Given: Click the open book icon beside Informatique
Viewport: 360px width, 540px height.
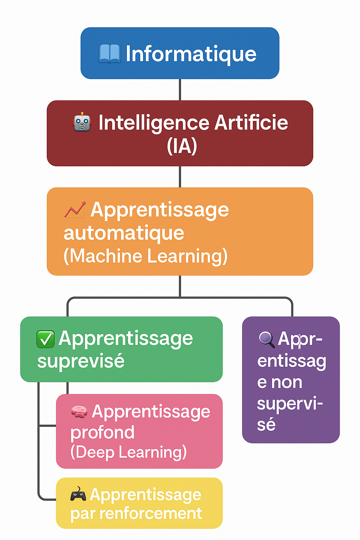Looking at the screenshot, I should pyautogui.click(x=109, y=54).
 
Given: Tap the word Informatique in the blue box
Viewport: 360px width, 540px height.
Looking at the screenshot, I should pyautogui.click(x=191, y=54).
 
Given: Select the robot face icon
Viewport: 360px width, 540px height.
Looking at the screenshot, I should pyautogui.click(x=82, y=122).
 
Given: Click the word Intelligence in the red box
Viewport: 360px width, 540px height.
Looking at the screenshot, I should pyautogui.click(x=154, y=123).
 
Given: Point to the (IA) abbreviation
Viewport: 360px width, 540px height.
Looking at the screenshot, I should pyautogui.click(x=182, y=146).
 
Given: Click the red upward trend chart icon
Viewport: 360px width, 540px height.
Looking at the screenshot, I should pyautogui.click(x=75, y=210).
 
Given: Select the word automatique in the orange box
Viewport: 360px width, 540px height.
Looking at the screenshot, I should pyautogui.click(x=124, y=233).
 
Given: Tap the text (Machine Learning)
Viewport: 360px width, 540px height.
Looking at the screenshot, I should pyautogui.click(x=146, y=256).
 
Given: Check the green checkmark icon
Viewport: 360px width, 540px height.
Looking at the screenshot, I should pyautogui.click(x=45, y=339).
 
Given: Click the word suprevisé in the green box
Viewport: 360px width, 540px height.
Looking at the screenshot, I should pyautogui.click(x=81, y=361).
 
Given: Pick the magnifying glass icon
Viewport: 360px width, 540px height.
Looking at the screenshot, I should pyautogui.click(x=266, y=339).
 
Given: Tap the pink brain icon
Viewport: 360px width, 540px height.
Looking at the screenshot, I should pyautogui.click(x=79, y=411).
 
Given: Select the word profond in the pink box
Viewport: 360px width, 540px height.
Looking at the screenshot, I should pyautogui.click(x=102, y=432).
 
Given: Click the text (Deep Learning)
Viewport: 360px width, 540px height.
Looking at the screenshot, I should pyautogui.click(x=128, y=452).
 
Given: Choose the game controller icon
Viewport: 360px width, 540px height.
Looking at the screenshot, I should pyautogui.click(x=78, y=495).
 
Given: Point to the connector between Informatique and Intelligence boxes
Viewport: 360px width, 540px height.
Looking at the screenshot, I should pyautogui.click(x=180, y=90).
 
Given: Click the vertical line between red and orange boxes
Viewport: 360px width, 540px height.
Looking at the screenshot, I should pyautogui.click(x=180, y=177).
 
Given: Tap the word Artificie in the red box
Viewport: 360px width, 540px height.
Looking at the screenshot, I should pyautogui.click(x=251, y=123).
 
